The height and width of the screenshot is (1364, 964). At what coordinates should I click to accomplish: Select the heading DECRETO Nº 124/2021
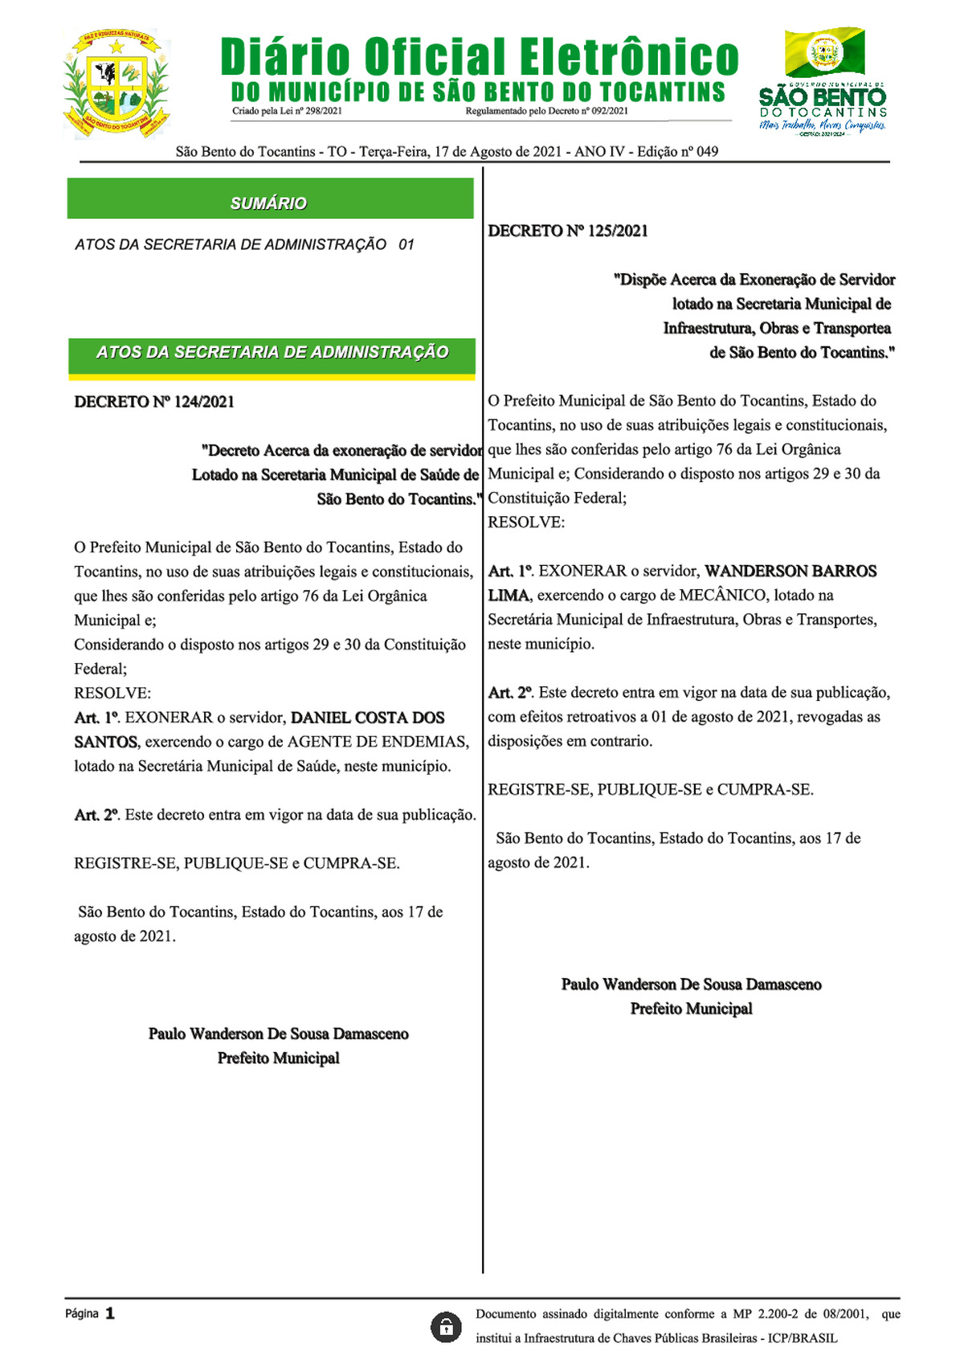click(x=154, y=402)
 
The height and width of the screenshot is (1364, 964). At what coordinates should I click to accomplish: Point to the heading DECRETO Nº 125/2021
click(x=568, y=231)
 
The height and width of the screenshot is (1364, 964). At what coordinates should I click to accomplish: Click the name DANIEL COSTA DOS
click(x=367, y=718)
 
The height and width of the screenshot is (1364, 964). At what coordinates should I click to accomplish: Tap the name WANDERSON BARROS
click(x=790, y=571)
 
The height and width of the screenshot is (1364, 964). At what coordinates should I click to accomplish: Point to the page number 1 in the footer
click(x=110, y=1313)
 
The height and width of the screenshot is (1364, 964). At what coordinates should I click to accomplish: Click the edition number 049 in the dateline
click(x=707, y=152)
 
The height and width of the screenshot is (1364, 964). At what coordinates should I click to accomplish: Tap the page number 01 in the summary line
click(x=406, y=244)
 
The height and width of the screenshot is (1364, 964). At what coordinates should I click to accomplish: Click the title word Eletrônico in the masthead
click(x=628, y=58)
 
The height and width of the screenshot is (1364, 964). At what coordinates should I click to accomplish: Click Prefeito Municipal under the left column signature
click(x=278, y=1059)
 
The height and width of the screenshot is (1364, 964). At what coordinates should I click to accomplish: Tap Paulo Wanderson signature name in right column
click(x=691, y=985)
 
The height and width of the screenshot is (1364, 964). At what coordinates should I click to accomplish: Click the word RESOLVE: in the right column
click(x=526, y=522)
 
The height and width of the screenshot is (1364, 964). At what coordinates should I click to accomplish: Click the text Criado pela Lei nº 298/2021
click(x=287, y=111)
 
